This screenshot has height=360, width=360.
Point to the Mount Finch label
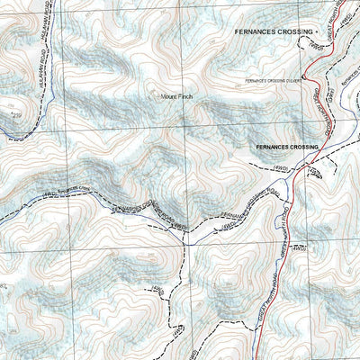176,96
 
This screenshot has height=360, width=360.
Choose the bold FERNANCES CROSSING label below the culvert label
287,146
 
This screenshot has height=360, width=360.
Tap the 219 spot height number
13,116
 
